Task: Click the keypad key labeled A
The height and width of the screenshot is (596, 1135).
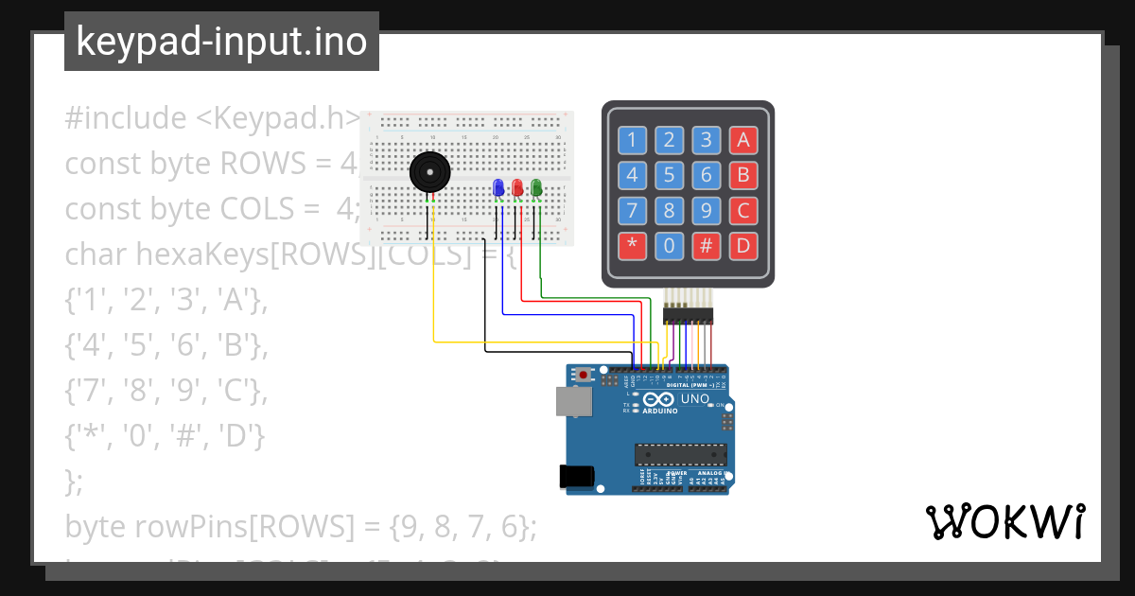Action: coord(743,141)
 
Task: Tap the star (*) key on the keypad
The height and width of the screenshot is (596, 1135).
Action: coord(632,247)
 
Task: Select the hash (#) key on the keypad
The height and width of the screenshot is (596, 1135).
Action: coord(706,247)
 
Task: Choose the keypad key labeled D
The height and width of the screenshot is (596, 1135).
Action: coord(743,247)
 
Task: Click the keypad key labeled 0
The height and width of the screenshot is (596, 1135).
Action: coord(669,247)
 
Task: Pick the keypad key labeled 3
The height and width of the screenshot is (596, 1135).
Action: coord(706,141)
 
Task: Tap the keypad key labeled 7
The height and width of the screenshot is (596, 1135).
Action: coord(632,211)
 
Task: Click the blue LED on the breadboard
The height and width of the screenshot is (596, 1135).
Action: coord(498,188)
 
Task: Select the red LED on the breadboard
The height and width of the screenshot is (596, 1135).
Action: coord(517,188)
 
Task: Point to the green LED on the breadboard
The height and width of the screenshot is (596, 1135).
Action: coord(536,188)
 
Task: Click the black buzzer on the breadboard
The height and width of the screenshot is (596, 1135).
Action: coord(429,174)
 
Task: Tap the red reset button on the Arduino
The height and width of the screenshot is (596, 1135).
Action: coord(584,376)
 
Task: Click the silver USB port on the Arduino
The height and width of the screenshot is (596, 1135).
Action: coord(572,401)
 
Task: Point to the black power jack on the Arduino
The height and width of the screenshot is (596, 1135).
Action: coord(577,478)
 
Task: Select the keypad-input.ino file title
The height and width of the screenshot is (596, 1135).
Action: coord(221,42)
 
